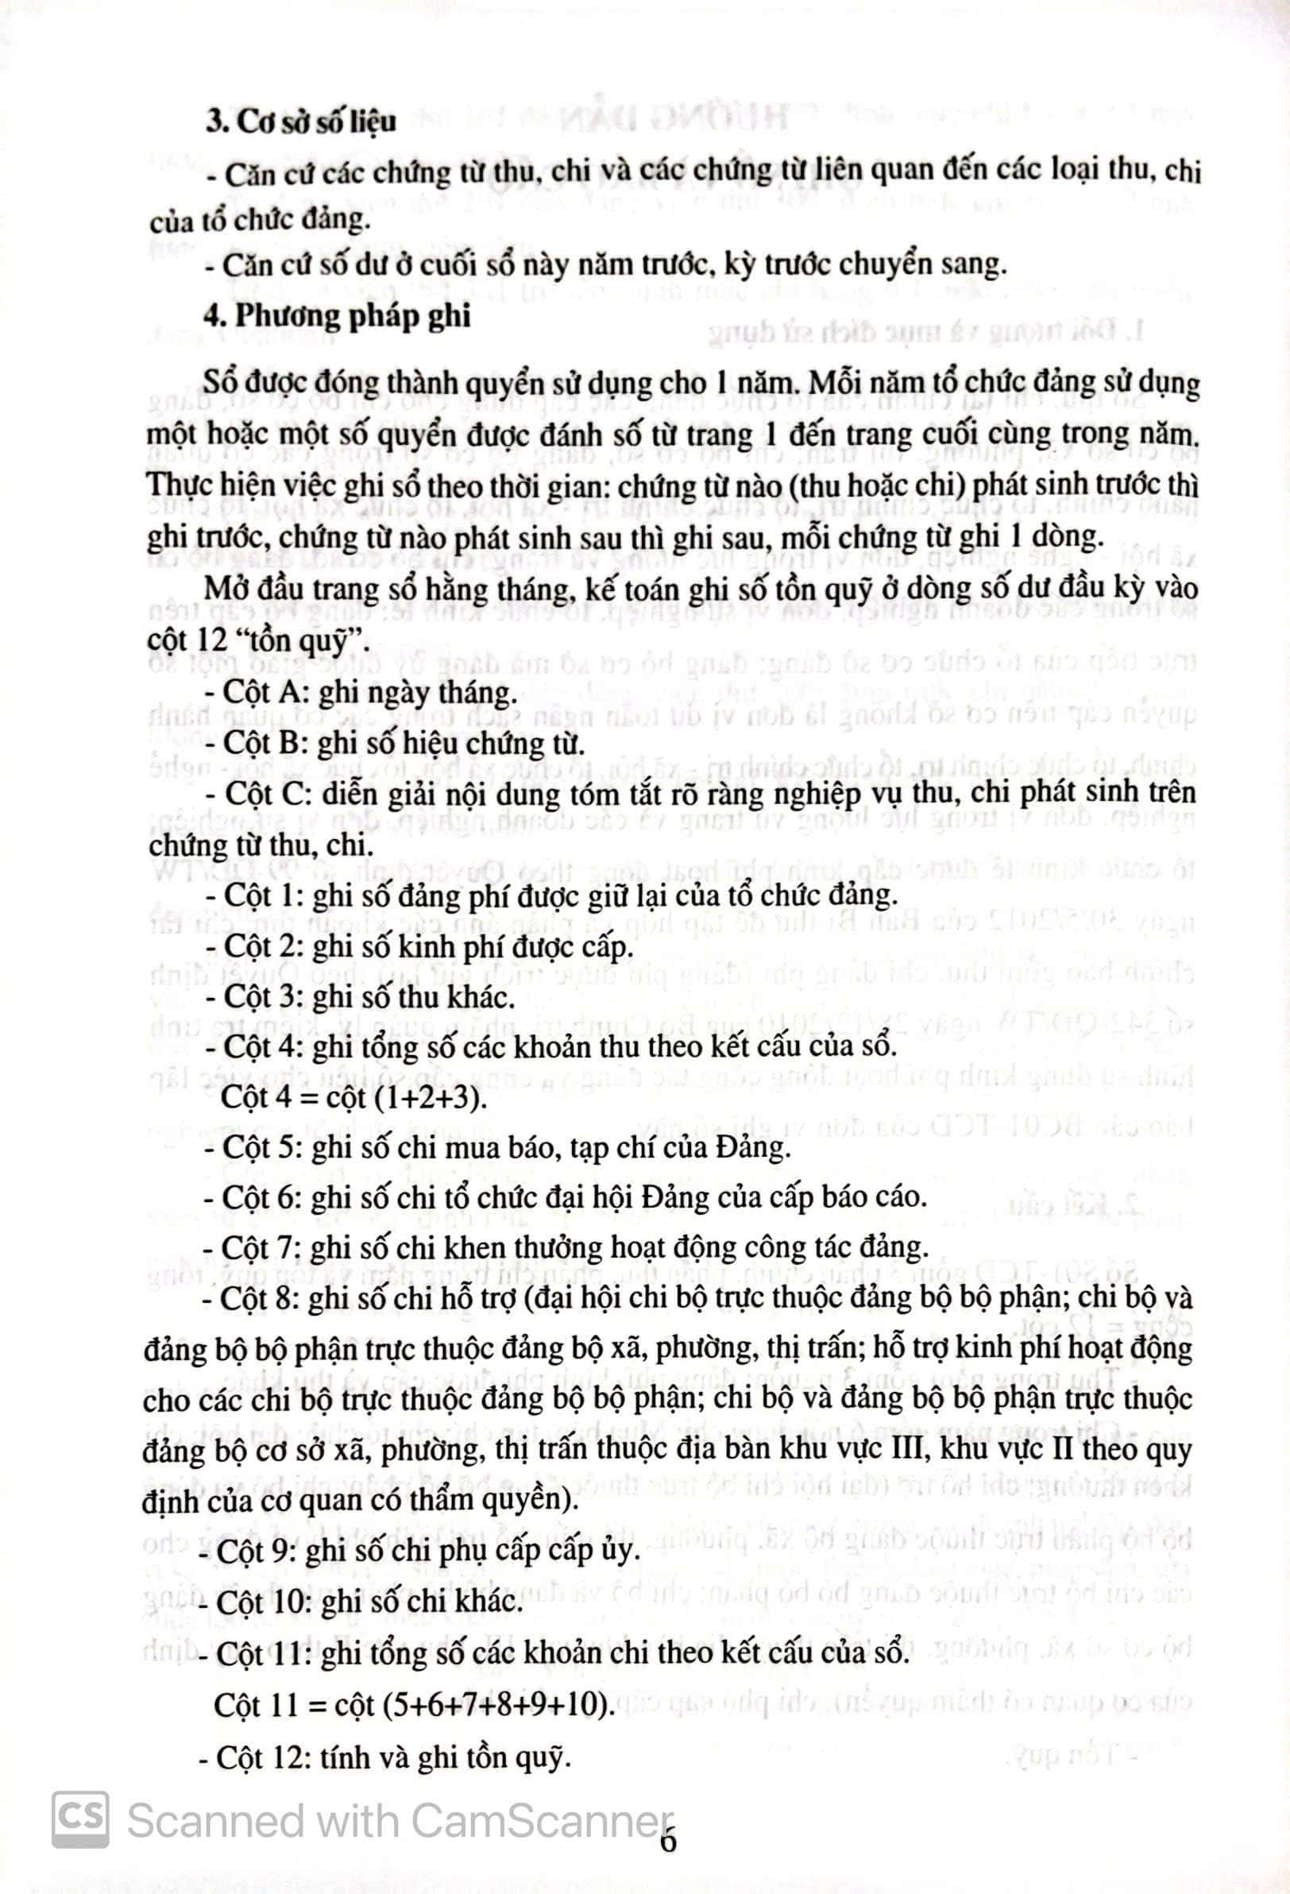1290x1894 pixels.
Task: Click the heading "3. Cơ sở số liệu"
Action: click(301, 122)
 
